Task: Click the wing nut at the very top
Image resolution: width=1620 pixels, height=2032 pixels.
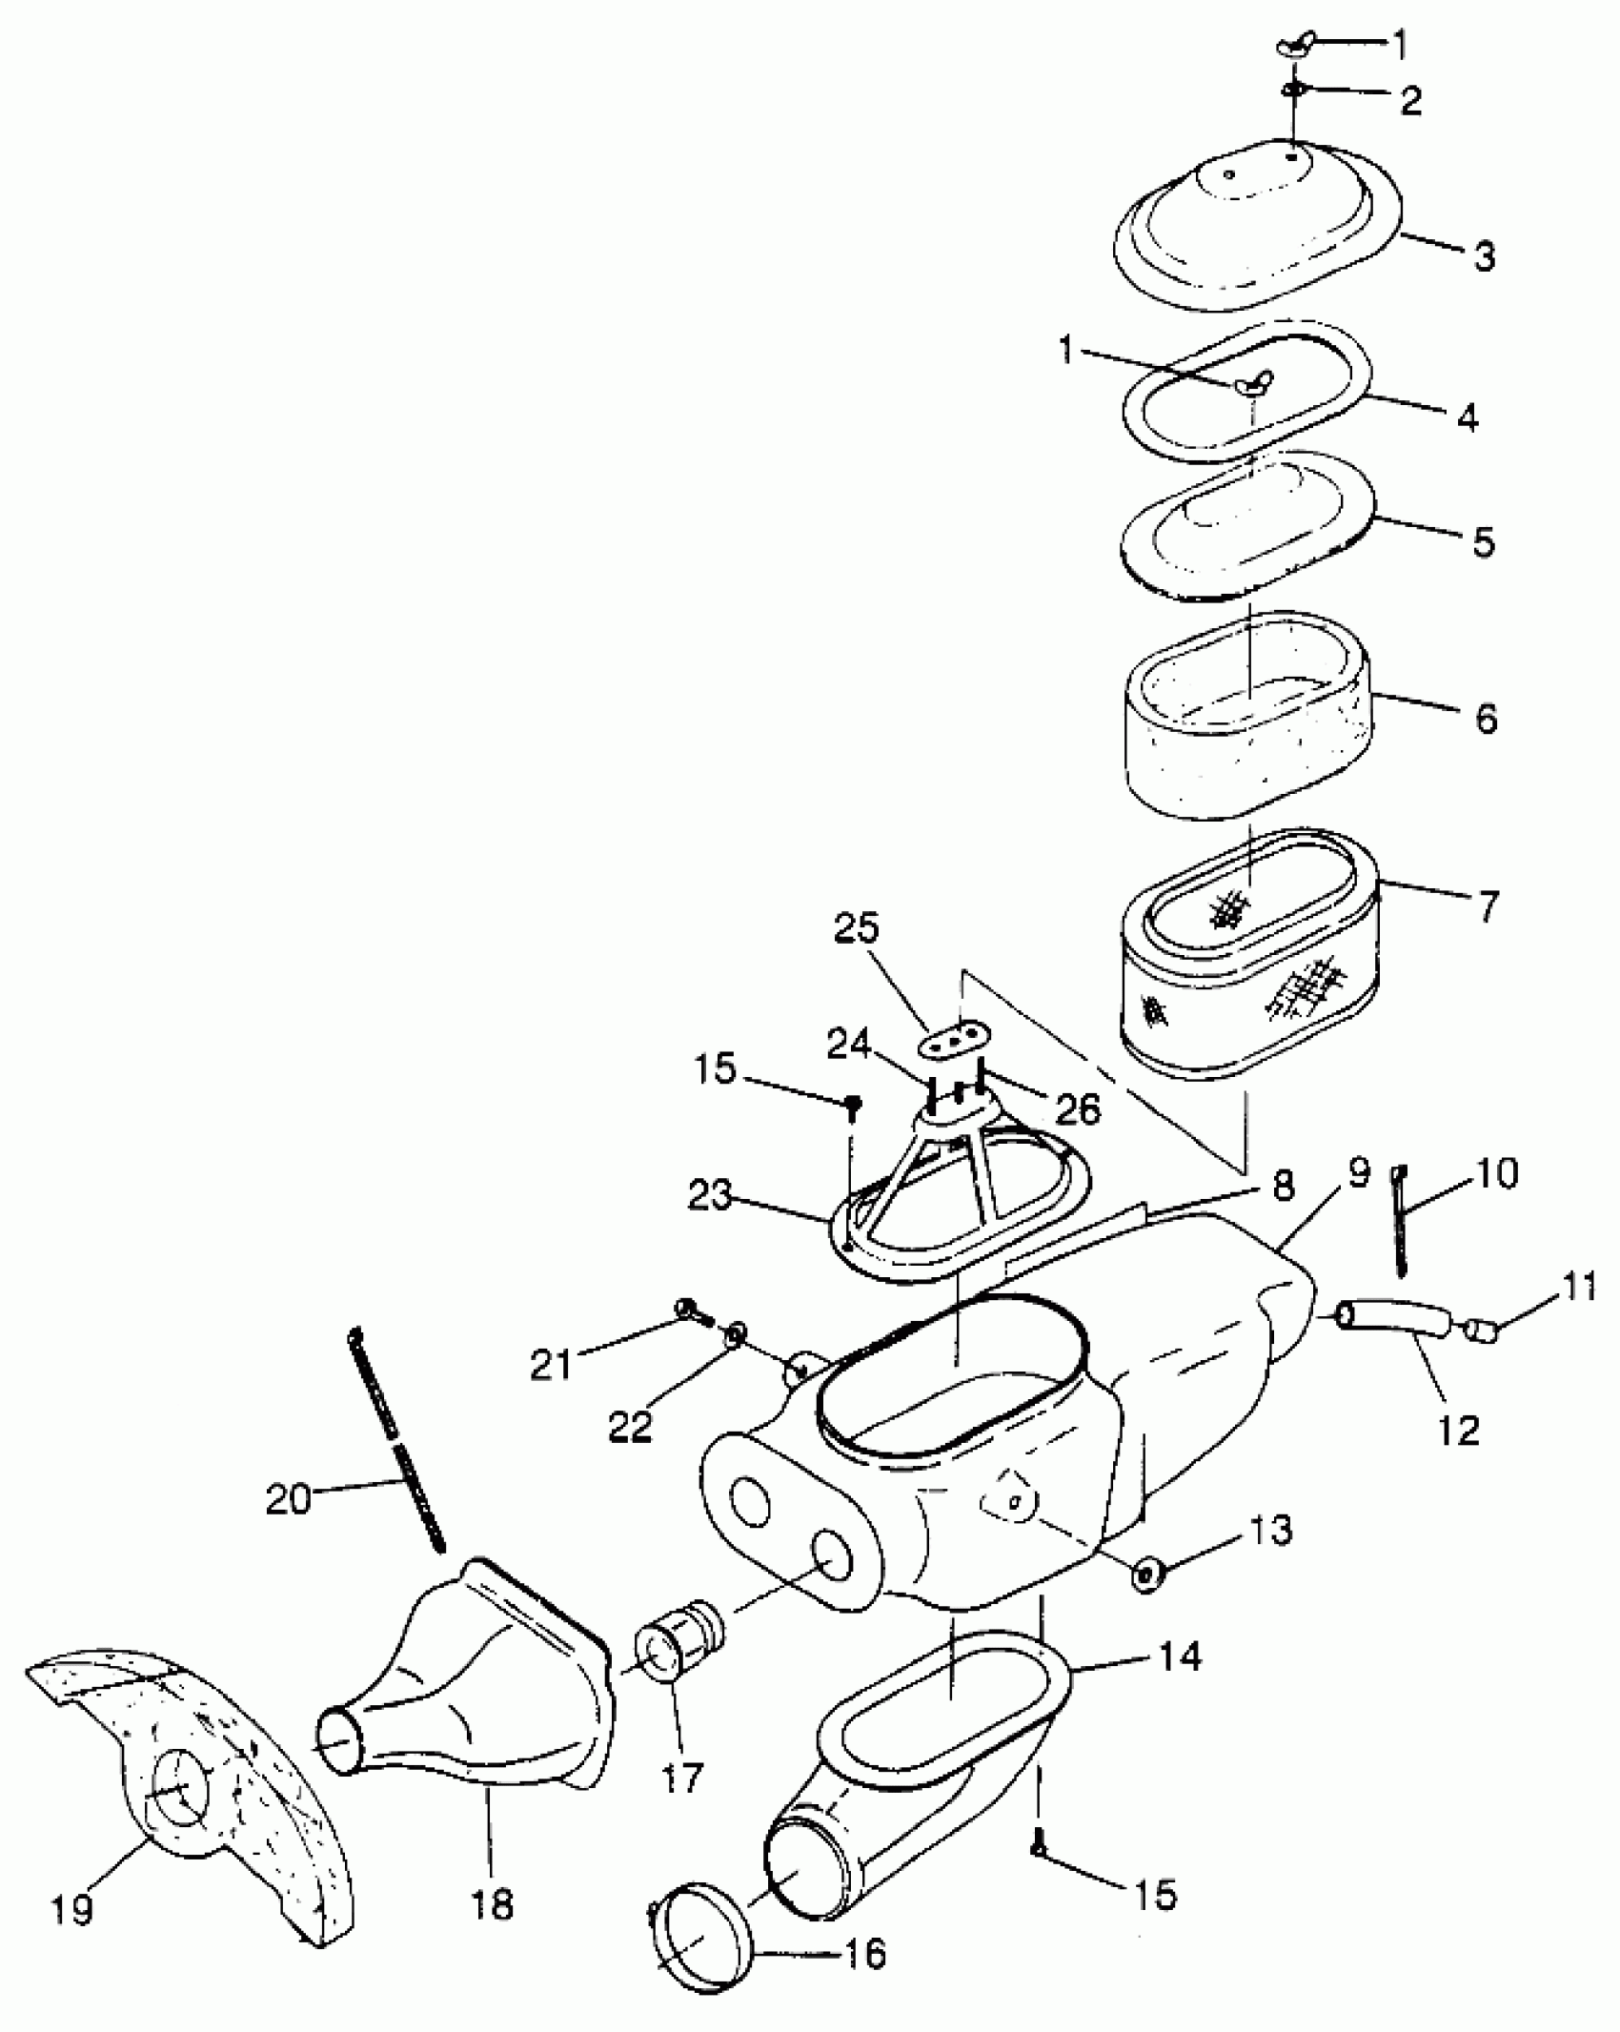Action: click(x=1293, y=47)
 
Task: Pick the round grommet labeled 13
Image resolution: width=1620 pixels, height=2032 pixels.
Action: click(x=1146, y=1575)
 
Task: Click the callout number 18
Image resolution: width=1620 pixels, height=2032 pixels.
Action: click(x=491, y=1905)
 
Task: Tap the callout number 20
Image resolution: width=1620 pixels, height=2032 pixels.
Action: click(x=289, y=1500)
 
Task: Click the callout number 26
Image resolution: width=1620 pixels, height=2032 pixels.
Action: click(x=1077, y=1108)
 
